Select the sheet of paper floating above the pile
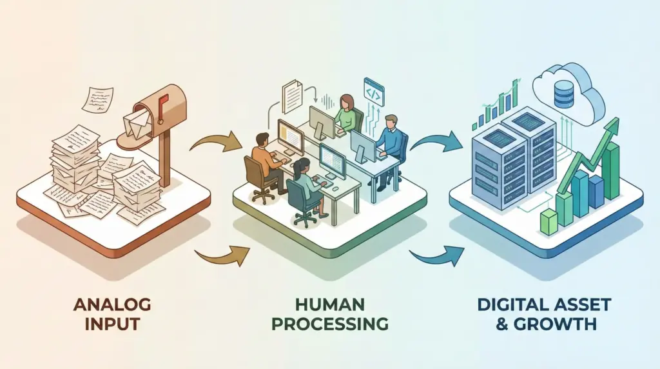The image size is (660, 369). [x=96, y=100]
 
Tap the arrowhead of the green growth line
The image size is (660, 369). [x=612, y=125]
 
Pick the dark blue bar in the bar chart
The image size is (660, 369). [x=596, y=190]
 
